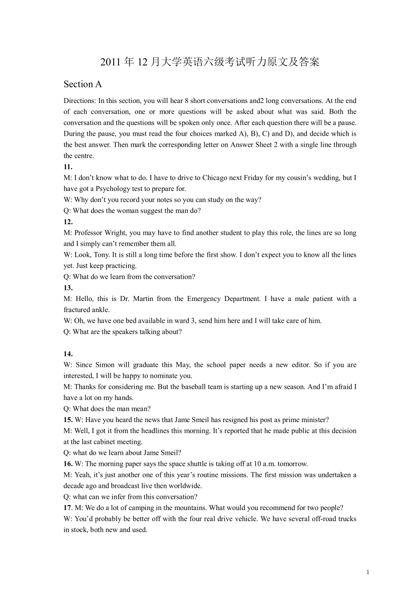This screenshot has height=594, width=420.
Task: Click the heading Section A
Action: pos(83,84)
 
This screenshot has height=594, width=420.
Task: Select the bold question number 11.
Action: pos(68,167)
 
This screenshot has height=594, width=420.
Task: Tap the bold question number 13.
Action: pos(68,288)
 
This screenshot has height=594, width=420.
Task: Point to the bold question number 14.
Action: pos(68,354)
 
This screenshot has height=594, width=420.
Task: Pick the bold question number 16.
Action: pos(68,464)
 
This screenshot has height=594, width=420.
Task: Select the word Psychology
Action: pos(120,189)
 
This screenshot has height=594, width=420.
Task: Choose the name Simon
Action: pos(105,365)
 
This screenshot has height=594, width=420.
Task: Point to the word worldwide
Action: pos(183,486)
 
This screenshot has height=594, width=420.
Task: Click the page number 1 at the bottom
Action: pos(368,572)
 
